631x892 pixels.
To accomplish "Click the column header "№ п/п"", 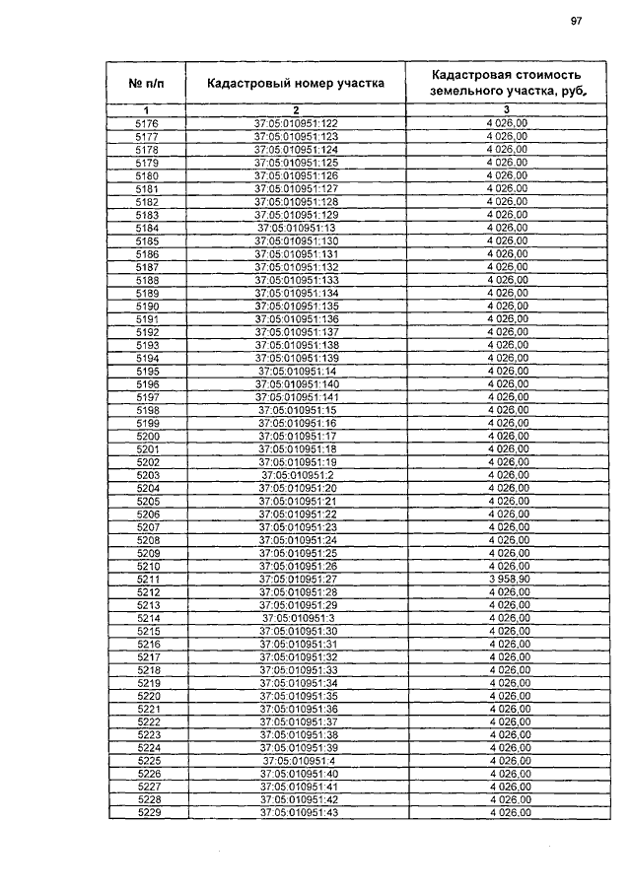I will click(x=146, y=83).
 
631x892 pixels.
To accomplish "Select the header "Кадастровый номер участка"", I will click(x=295, y=83).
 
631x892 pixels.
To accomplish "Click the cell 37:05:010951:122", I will click(x=296, y=123).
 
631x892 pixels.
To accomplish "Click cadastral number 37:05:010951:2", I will click(x=297, y=475).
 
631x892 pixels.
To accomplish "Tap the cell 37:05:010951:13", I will click(x=297, y=228).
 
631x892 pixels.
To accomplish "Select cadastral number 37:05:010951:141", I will click(x=297, y=396).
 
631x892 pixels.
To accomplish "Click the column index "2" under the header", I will click(x=295, y=109).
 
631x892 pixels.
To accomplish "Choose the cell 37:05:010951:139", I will click(x=296, y=358).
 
